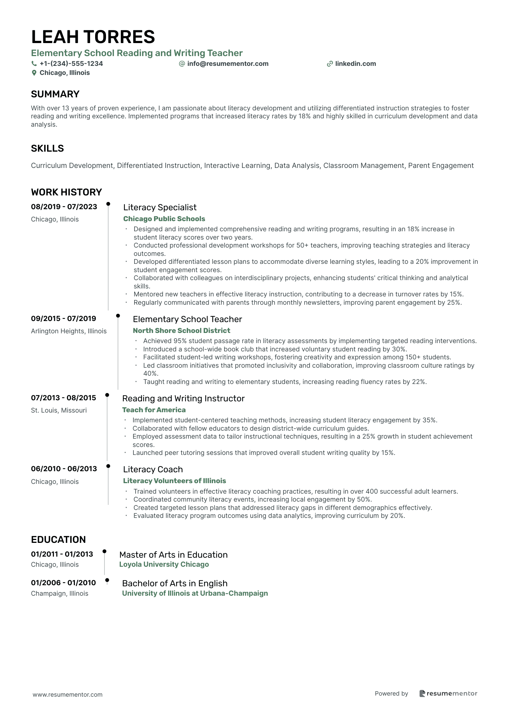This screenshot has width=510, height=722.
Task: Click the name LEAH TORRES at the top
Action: pyautogui.click(x=93, y=37)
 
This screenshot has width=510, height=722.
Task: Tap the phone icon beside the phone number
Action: pyautogui.click(x=34, y=64)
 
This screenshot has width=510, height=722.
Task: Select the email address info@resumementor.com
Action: pyautogui.click(x=228, y=64)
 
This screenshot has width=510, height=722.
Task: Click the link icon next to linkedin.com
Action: pyautogui.click(x=330, y=64)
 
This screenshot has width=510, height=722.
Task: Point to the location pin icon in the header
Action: pyautogui.click(x=34, y=73)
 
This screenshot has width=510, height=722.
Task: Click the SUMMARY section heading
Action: pyautogui.click(x=55, y=94)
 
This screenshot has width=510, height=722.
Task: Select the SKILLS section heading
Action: pyautogui.click(x=47, y=148)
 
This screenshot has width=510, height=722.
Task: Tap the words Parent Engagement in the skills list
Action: pyautogui.click(x=441, y=165)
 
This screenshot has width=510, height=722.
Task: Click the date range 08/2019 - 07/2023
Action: pyautogui.click(x=64, y=207)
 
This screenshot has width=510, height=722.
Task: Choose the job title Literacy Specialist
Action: pyautogui.click(x=160, y=207)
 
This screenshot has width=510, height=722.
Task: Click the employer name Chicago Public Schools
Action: pyautogui.click(x=164, y=219)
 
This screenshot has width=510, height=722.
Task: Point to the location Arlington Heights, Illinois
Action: pyautogui.click(x=69, y=331)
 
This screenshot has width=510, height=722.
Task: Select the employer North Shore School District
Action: pyautogui.click(x=181, y=330)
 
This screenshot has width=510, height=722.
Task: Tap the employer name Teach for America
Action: pyautogui.click(x=154, y=410)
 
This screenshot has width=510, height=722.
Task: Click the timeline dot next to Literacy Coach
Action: pyautogui.click(x=108, y=466)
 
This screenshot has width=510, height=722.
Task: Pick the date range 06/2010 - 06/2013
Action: pyautogui.click(x=64, y=469)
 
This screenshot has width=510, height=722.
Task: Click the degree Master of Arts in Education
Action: pyautogui.click(x=173, y=555)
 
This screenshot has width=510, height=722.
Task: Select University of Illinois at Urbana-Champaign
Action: pyautogui.click(x=195, y=593)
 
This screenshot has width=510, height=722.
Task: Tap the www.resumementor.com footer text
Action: pyautogui.click(x=68, y=694)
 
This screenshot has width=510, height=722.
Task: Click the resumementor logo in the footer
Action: pyautogui.click(x=448, y=693)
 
